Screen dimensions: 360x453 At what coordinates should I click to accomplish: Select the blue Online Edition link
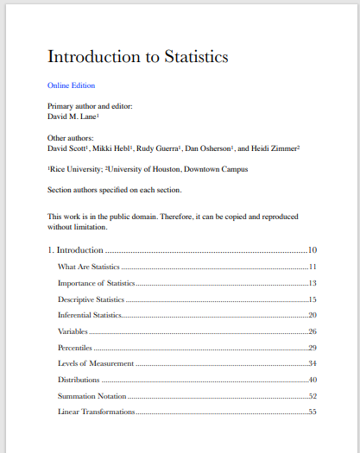[71, 85]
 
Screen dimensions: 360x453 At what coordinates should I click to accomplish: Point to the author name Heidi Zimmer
[274, 148]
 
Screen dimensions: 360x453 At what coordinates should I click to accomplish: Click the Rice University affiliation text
[79, 169]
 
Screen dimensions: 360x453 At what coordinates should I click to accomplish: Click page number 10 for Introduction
[313, 250]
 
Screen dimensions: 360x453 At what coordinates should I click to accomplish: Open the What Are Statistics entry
[89, 267]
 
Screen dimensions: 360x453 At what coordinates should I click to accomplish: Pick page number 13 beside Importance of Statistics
[313, 283]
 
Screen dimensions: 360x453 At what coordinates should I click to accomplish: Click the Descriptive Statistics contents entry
[91, 299]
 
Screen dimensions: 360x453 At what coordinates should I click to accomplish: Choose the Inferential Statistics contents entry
[90, 316]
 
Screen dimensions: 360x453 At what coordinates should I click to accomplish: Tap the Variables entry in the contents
[73, 331]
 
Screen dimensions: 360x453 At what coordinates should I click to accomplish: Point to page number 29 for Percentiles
[313, 348]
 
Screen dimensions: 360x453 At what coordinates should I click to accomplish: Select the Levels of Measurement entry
[96, 364]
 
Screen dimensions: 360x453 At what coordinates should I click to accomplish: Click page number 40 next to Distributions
[313, 380]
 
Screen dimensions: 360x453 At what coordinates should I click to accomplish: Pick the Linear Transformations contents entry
[96, 412]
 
